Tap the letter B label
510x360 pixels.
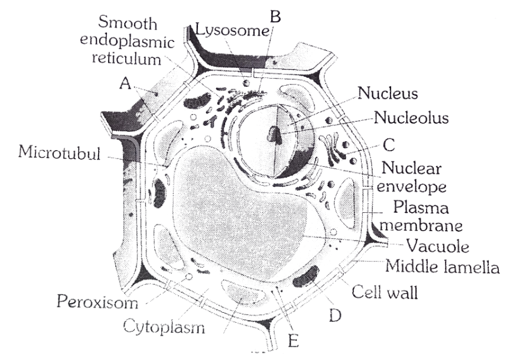point(274,16)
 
